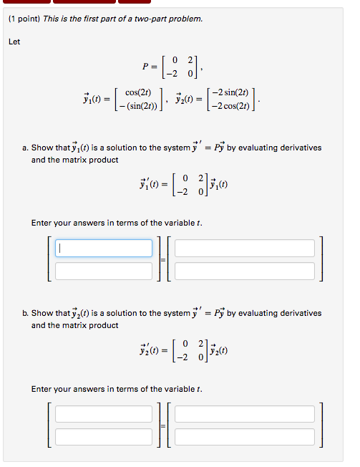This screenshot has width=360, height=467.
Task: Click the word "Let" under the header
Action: click(x=14, y=42)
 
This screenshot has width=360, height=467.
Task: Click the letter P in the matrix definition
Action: click(x=145, y=66)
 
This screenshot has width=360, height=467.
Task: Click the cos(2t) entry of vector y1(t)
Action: click(x=137, y=92)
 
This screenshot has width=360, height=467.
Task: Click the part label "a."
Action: click(x=25, y=148)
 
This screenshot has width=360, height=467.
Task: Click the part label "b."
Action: click(x=25, y=313)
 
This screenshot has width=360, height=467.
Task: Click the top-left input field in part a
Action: click(x=104, y=248)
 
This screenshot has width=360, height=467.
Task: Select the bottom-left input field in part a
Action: click(x=104, y=271)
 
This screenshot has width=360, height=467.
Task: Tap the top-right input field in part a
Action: click(x=245, y=248)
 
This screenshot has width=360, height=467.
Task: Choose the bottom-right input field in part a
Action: click(x=245, y=271)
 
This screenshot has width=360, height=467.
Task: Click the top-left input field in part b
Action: click(x=104, y=414)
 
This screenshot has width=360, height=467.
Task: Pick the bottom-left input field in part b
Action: click(x=104, y=436)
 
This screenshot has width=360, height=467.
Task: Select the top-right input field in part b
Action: click(x=245, y=414)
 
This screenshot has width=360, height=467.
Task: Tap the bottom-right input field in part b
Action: click(x=245, y=436)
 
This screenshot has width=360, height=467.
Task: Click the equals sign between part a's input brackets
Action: click(x=163, y=259)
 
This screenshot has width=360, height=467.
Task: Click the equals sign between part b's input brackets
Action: click(x=163, y=425)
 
